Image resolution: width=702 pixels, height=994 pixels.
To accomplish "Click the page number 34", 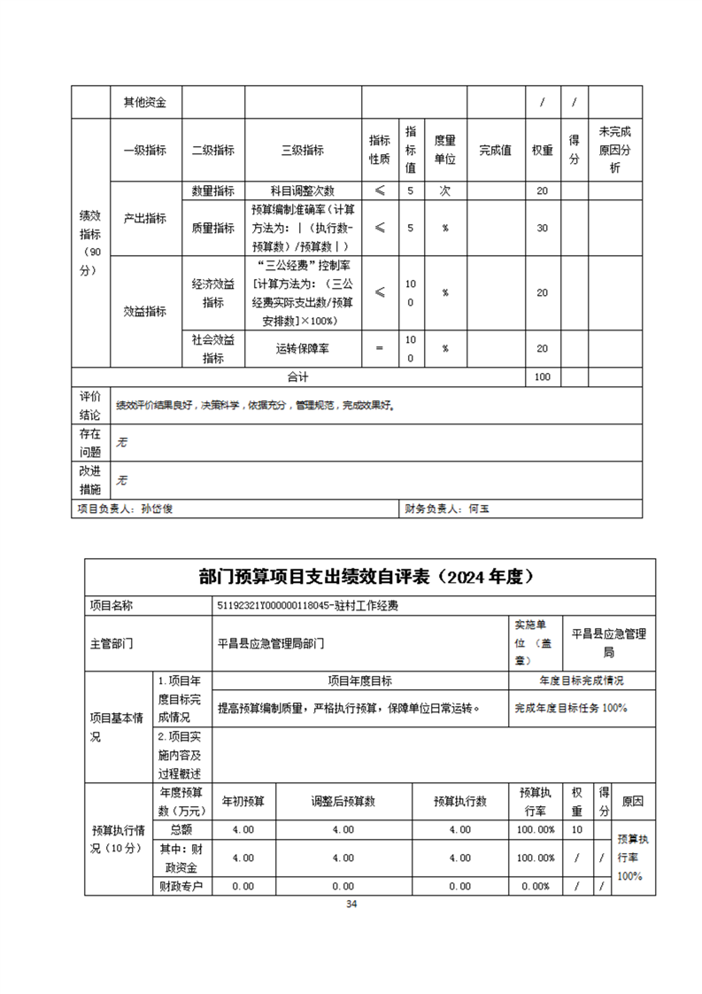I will click(351, 904).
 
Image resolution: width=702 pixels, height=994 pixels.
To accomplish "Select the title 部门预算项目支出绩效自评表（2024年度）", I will click(370, 577).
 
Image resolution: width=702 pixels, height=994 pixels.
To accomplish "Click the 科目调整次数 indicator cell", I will click(303, 190).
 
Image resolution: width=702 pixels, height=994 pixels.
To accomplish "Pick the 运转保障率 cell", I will click(303, 349).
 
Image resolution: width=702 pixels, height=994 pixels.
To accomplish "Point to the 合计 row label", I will click(297, 377).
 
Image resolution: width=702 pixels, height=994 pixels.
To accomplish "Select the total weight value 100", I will click(543, 377).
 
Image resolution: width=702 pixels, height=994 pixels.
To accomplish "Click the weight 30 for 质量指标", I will click(543, 228).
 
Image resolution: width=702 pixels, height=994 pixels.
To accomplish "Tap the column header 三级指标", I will click(303, 151).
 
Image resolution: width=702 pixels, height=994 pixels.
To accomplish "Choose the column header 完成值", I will click(495, 151).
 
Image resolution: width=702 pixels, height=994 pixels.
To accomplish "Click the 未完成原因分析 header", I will click(615, 149).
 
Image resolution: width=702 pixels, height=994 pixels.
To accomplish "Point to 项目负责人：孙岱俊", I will click(131, 509).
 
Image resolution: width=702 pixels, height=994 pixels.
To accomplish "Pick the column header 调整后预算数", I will click(343, 801).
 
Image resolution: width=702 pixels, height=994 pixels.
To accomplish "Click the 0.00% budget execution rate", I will click(536, 886).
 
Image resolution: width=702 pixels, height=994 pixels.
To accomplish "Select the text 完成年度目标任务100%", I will click(571, 708).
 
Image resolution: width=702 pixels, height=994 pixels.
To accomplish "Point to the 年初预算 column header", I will click(243, 801).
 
